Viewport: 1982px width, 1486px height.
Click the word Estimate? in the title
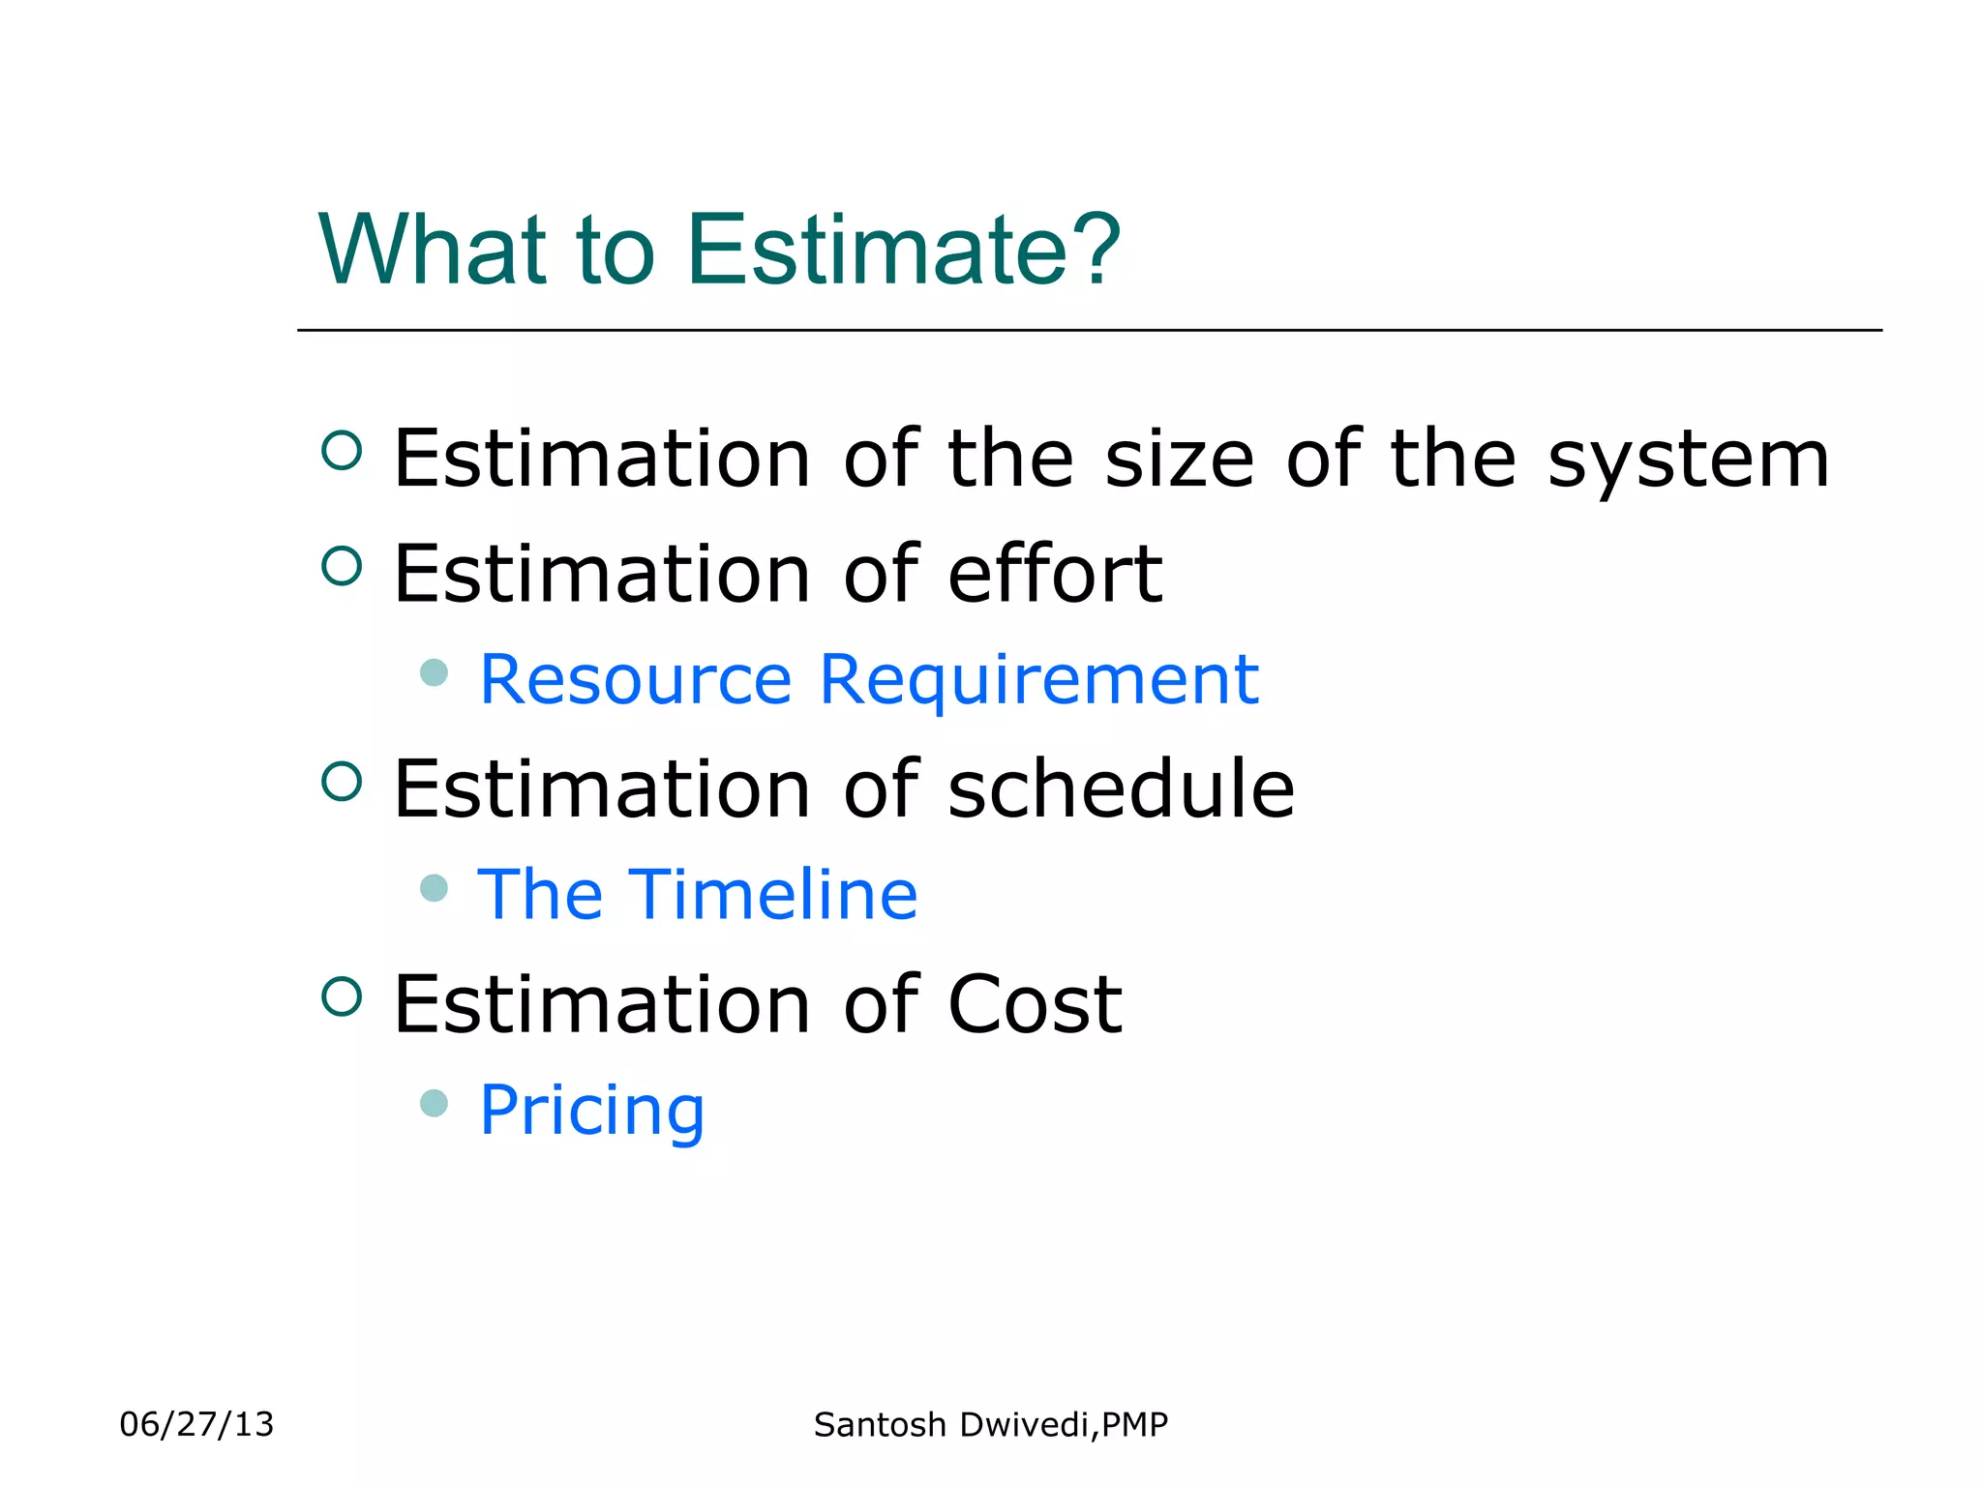[x=904, y=250]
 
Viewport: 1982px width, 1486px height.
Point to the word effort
[x=1055, y=574]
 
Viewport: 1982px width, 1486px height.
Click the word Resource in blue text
[x=636, y=679]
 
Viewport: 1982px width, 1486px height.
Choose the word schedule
[x=1121, y=788]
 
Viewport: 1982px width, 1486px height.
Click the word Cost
[x=1035, y=1004]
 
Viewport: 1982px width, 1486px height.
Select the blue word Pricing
[x=592, y=1112]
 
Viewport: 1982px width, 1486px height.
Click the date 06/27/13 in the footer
[x=196, y=1424]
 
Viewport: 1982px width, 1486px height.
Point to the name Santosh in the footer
[x=880, y=1424]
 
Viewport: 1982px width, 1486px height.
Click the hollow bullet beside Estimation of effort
[x=342, y=566]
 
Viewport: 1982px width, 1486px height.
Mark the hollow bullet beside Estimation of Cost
[x=342, y=996]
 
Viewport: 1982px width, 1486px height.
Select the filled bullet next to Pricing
[x=435, y=1103]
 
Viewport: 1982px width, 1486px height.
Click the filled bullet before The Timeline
[x=435, y=887]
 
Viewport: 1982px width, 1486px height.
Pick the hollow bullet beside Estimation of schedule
[x=342, y=781]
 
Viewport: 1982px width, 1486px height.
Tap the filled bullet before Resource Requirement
[x=435, y=672]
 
